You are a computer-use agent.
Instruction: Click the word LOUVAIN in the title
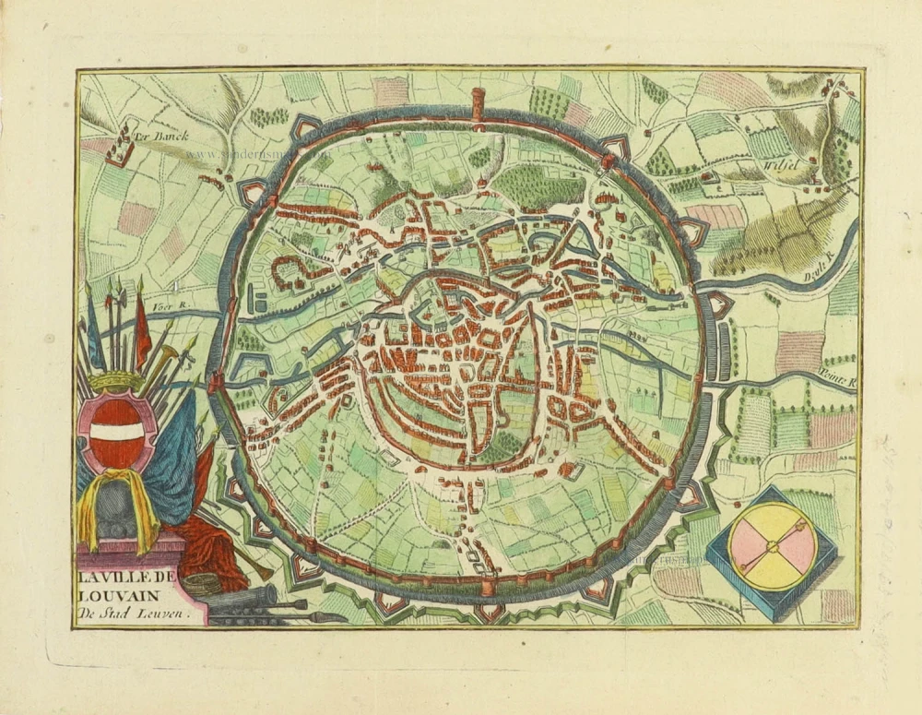point(113,593)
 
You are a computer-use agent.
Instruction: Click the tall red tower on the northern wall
point(477,102)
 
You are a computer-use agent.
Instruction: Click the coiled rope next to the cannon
point(202,584)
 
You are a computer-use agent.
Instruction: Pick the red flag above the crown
point(142,328)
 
